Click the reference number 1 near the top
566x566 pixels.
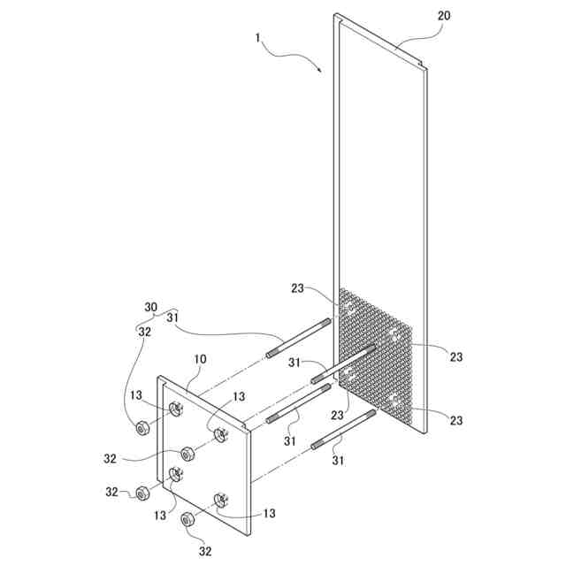257,40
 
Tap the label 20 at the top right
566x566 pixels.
444,17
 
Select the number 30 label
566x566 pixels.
150,307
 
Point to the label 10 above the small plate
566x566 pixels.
201,360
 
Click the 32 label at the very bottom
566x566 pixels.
205,551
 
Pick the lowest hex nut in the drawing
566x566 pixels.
187,519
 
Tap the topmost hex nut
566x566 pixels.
141,429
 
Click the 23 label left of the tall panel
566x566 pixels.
298,287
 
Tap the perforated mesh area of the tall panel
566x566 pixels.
376,358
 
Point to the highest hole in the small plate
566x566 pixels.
176,408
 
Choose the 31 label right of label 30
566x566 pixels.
173,318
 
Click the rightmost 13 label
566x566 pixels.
269,513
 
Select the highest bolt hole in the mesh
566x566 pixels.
349,309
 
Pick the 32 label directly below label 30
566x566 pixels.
143,332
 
